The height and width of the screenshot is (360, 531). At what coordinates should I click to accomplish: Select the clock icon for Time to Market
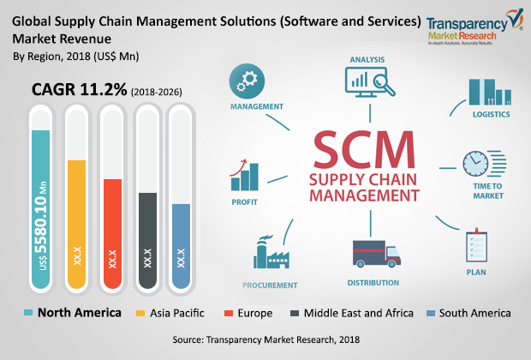coord(478,164)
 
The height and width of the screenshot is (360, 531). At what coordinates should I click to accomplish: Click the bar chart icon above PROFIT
coord(245,177)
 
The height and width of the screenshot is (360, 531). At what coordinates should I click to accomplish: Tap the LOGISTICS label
coord(491,113)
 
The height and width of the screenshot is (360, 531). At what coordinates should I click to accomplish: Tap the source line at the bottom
coord(265,340)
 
